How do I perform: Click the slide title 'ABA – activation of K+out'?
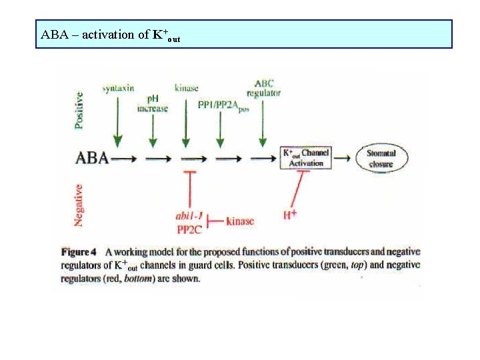pos(110,35)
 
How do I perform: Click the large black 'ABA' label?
pos(94,159)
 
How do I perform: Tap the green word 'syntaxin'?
pos(119,88)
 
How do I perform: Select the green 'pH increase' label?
pos(153,103)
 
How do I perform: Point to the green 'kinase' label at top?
pos(186,88)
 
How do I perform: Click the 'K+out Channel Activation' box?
pos(303,158)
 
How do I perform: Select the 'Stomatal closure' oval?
pos(381,158)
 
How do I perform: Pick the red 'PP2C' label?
pos(190,229)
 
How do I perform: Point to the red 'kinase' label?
pos(240,221)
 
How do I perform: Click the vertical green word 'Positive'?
pos(79,109)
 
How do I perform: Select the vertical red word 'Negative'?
pos(79,204)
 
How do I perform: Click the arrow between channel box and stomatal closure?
pos(343,159)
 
